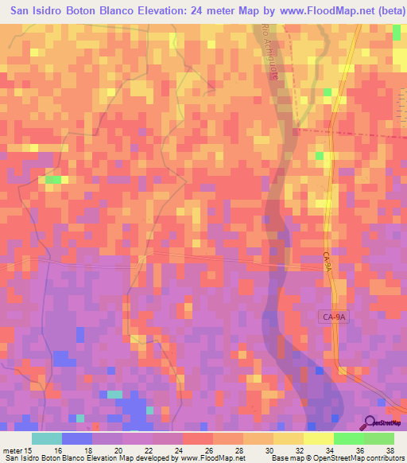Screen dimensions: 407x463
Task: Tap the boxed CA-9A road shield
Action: (x=335, y=316)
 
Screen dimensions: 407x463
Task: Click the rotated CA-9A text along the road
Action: (x=327, y=263)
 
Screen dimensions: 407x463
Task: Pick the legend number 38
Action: (x=390, y=449)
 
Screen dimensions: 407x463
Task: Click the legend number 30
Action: (x=258, y=449)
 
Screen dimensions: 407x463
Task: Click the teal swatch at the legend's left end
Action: (x=46, y=438)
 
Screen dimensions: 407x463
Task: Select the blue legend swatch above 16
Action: (x=76, y=438)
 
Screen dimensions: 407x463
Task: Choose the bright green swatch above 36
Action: (x=348, y=438)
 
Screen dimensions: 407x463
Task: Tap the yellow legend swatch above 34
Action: (x=318, y=438)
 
